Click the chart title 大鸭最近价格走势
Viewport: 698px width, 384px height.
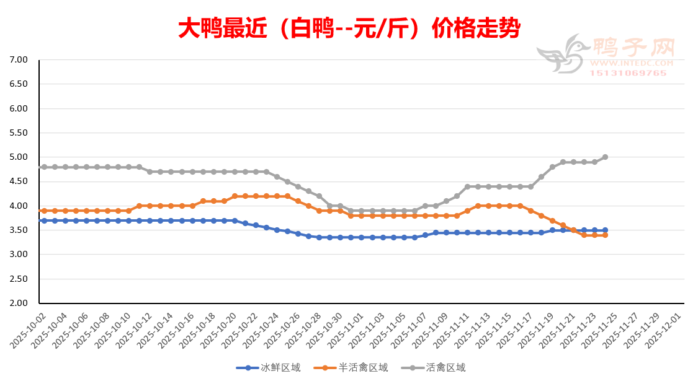tap(349, 28)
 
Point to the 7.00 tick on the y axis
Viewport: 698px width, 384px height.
tap(19, 60)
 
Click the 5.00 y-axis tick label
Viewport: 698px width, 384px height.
tap(19, 157)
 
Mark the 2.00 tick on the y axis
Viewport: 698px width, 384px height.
tap(19, 303)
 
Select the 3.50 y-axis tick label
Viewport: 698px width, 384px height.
tap(19, 230)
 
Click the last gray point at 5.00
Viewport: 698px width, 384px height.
tap(605, 157)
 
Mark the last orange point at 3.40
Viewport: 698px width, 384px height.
tap(605, 235)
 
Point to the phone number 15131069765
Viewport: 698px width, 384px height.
tap(629, 73)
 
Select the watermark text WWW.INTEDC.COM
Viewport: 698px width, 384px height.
tap(632, 63)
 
